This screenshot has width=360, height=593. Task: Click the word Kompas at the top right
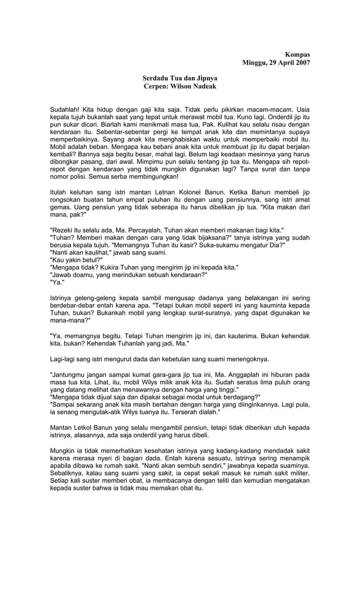click(x=297, y=54)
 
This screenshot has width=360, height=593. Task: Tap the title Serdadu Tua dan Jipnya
click(x=179, y=78)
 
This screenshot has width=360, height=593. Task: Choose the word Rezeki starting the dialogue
click(x=64, y=230)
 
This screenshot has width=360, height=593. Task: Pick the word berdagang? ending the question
click(x=235, y=397)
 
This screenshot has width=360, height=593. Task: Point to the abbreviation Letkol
click(x=86, y=427)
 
